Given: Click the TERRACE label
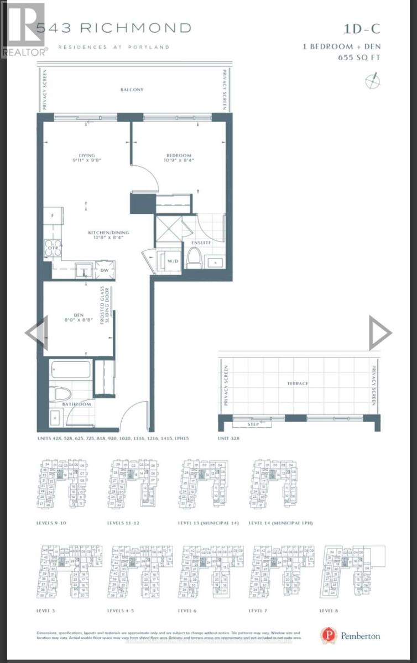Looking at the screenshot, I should click(298, 383).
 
